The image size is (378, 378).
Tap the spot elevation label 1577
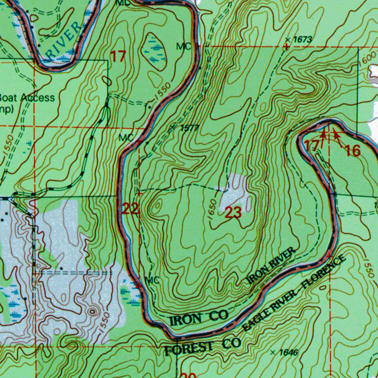tap(190, 128)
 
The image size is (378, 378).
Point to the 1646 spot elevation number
tap(288, 353)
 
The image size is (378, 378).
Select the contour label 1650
tap(212, 212)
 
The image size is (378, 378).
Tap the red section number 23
tap(233, 213)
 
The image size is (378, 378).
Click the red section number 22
tap(130, 209)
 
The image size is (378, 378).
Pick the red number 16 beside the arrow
tap(352, 150)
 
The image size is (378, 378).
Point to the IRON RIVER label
tap(271, 266)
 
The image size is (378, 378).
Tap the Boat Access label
tap(27, 98)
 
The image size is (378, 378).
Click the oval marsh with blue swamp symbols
tap(155, 52)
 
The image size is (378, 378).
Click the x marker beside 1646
tap(273, 353)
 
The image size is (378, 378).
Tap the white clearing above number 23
tap(236, 190)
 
